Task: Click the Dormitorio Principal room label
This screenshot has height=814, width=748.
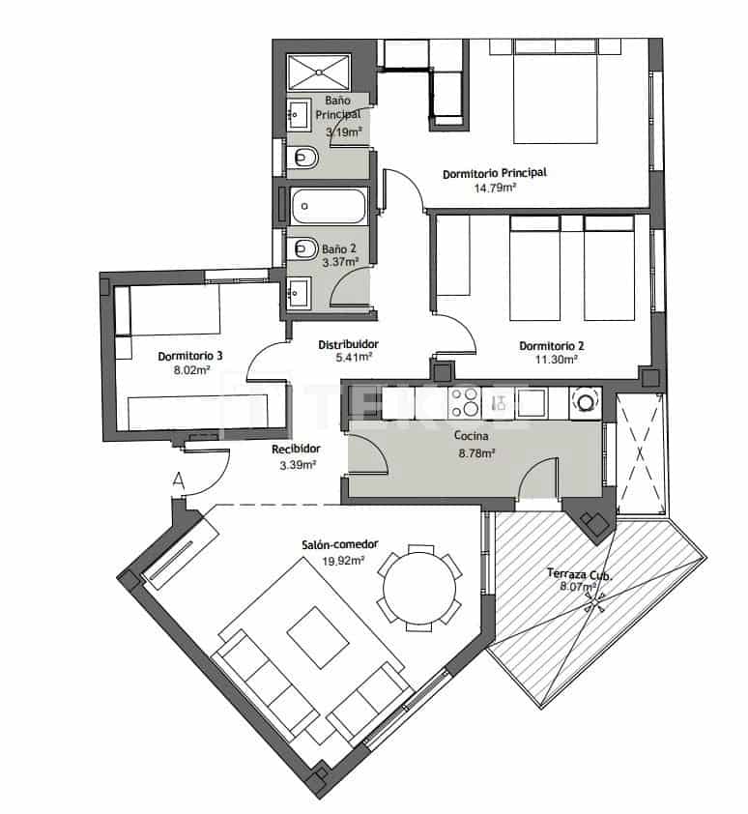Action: coord(494,173)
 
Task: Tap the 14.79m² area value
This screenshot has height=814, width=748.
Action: coord(494,188)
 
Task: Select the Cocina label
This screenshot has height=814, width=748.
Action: coord(471,436)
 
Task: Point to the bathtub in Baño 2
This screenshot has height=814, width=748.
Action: coord(329,204)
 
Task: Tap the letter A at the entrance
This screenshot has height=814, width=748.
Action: coord(178,479)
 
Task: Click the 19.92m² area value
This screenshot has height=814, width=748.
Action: coord(343,560)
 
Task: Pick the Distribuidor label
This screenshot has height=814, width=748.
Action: coord(347,343)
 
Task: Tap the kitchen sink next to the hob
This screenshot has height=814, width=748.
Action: coord(532,402)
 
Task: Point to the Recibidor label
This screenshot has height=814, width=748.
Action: coord(296,449)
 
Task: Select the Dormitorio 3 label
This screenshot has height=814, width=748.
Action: coord(190,356)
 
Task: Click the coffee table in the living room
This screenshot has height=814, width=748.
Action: coord(317,636)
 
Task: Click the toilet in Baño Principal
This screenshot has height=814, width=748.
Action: coord(303,157)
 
